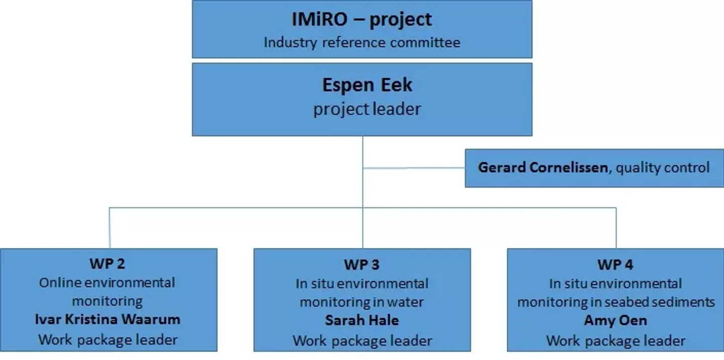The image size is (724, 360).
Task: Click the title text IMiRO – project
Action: tap(361, 20)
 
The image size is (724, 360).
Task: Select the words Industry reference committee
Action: tap(361, 42)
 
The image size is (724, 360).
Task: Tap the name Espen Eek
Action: tap(367, 85)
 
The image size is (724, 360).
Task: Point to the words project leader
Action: tap(367, 109)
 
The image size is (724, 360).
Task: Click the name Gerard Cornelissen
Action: tap(542, 167)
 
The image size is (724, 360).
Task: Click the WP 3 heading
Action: tap(361, 264)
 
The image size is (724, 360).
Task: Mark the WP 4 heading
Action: tap(615, 264)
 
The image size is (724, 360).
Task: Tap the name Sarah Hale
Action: tap(361, 320)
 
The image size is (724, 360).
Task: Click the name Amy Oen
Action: tap(615, 320)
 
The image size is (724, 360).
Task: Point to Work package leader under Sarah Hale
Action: tap(362, 340)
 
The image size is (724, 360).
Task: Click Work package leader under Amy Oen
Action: tap(615, 340)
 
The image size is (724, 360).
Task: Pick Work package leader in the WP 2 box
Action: tap(108, 339)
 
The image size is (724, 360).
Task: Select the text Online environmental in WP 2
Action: tap(107, 282)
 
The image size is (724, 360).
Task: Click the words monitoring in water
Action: tap(361, 302)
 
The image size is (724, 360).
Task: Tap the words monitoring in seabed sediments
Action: tap(616, 302)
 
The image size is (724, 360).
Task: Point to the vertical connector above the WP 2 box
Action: tap(110, 228)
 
